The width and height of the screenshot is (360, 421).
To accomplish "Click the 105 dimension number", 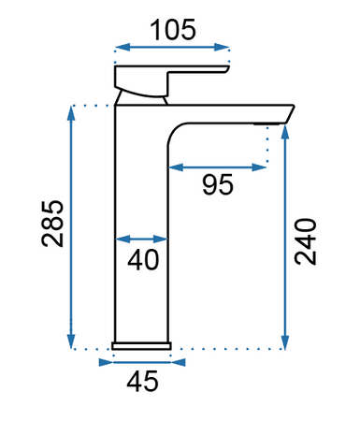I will point(172,29).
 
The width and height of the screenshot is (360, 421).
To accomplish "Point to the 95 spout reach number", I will point(218,185).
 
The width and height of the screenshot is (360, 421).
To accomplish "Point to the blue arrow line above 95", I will point(218,167).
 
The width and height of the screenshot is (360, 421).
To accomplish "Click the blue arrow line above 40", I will point(142,239).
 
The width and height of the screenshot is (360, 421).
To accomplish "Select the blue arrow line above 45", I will point(142,360).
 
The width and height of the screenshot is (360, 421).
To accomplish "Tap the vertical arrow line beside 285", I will point(71,225).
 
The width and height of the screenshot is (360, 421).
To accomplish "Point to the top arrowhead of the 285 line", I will point(71,113).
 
